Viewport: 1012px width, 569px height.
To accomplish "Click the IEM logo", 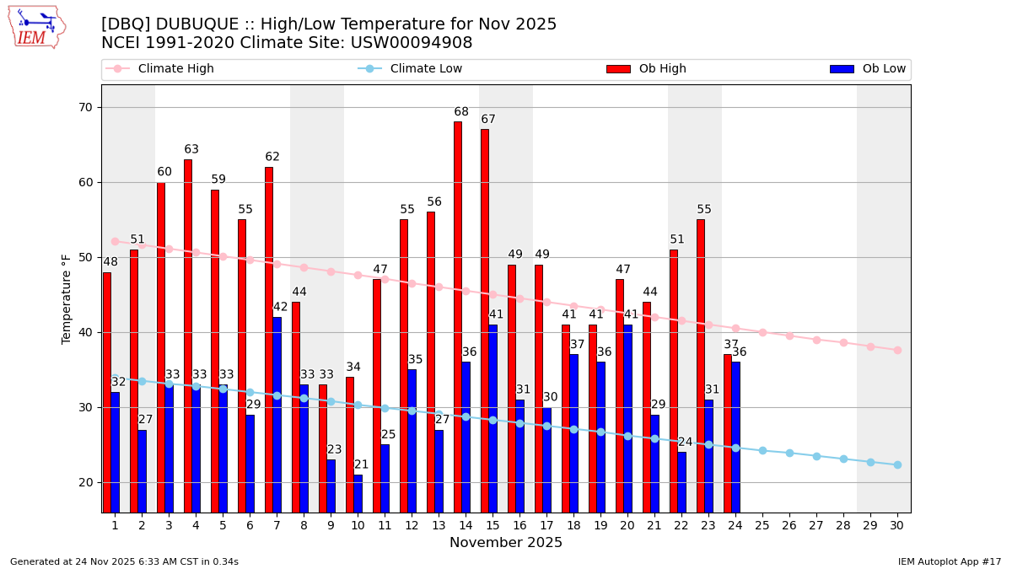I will coord(36,27).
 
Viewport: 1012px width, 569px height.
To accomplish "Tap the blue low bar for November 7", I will coord(277,414).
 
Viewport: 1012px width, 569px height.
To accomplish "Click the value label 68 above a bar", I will coord(461,112).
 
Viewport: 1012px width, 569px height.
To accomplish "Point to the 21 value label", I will coord(362,464).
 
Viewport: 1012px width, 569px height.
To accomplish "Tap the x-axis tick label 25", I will coord(762,525).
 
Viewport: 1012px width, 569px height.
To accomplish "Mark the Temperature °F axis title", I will coord(67,298).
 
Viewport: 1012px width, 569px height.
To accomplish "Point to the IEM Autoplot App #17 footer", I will coord(949,561).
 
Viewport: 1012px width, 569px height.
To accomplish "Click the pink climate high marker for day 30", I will coord(897,350).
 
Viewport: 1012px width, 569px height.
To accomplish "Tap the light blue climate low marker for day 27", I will coord(816,456).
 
